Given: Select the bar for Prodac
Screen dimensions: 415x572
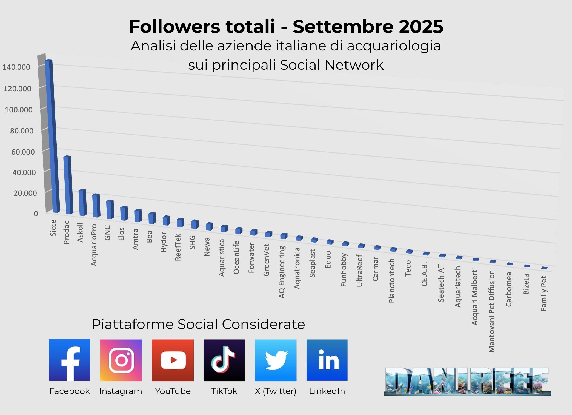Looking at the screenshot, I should [68, 185].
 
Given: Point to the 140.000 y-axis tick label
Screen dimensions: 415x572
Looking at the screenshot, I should [16, 67].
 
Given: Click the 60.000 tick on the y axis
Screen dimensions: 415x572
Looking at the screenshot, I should [23, 152].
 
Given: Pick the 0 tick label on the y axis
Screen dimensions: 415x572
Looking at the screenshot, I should [36, 214].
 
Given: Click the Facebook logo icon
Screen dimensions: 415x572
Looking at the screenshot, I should [70, 360].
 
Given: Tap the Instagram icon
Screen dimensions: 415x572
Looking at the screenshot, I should [121, 360].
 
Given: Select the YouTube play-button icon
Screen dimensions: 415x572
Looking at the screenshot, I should [173, 360].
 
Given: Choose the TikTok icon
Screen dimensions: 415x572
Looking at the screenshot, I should [224, 360].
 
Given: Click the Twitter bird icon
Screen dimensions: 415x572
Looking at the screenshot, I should [276, 360].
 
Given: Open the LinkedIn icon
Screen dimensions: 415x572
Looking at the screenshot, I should [327, 360].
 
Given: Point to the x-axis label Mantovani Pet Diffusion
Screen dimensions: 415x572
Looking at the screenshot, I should [492, 311].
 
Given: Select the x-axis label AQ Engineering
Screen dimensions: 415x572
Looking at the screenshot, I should [282, 272].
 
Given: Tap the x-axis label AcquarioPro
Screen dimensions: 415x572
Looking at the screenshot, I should [94, 245].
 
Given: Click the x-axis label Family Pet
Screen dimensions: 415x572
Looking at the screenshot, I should [544, 293].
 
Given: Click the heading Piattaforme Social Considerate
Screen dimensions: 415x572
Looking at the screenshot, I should [198, 324].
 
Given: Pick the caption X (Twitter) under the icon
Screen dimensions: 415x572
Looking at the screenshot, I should [276, 391].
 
